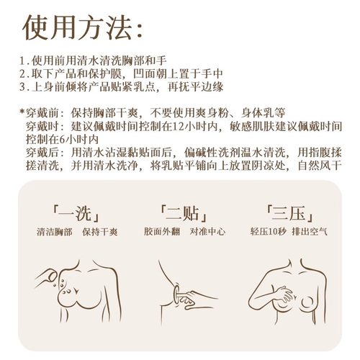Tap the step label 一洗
[x=76, y=214]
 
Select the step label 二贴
[x=180, y=214]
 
